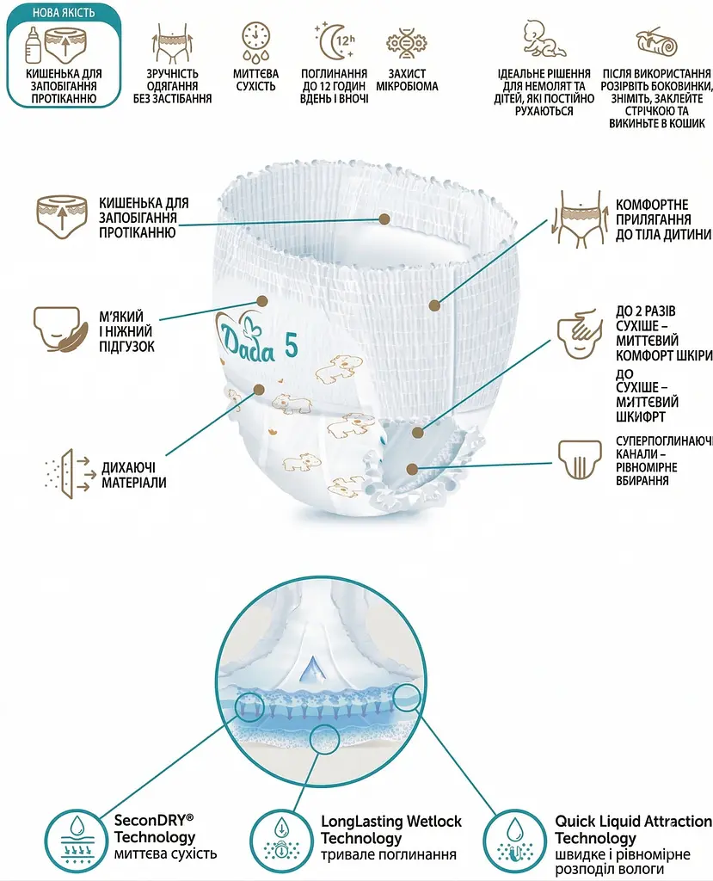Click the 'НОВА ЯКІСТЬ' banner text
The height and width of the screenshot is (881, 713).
tap(64, 12)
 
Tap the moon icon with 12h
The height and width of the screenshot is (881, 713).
tap(335, 40)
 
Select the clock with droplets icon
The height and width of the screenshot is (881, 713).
tap(255, 41)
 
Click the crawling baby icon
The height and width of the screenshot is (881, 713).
tap(544, 40)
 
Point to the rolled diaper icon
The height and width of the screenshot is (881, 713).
tap(656, 41)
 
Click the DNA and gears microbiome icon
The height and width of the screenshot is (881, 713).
tap(406, 43)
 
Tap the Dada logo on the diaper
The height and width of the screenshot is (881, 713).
tap(246, 337)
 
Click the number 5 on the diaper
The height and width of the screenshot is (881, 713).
tap(291, 345)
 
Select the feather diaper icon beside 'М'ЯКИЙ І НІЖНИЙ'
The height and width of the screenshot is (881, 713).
tap(61, 330)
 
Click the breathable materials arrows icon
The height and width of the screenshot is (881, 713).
tap(67, 474)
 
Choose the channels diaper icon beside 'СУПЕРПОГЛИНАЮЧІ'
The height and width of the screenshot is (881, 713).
tap(580, 459)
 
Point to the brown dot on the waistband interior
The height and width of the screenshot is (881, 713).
tap(384, 219)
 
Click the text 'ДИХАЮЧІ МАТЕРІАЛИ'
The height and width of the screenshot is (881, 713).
tap(133, 475)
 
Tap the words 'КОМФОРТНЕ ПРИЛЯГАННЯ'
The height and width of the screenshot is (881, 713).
tap(653, 212)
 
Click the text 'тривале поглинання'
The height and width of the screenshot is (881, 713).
tap(388, 854)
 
